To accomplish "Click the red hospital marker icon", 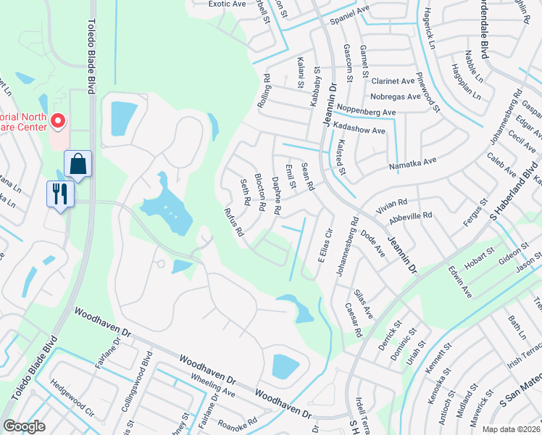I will (57, 120).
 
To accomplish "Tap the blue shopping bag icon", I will (77, 165).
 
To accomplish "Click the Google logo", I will (24, 426).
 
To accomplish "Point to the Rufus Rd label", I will (233, 223).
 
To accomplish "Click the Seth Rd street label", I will (245, 191).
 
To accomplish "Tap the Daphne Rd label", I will (276, 196).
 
